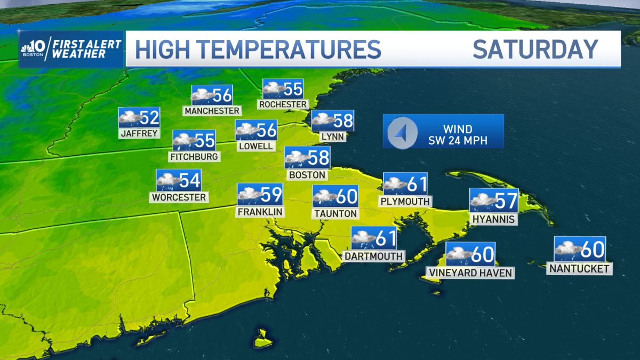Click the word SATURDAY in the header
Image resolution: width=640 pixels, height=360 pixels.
point(535,50)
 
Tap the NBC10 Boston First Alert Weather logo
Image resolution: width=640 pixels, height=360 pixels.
point(71,50)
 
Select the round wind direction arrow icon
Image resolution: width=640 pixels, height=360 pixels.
point(402,131)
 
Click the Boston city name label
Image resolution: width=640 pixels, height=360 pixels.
point(307,175)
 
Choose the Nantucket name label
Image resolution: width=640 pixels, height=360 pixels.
point(580,269)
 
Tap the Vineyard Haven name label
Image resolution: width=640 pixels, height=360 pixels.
point(470,273)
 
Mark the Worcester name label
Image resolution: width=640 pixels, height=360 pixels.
point(179,197)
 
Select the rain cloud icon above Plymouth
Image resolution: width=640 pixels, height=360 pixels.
point(395,185)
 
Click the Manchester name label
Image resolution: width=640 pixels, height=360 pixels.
point(212,111)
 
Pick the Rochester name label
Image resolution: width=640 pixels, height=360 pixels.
point(283,105)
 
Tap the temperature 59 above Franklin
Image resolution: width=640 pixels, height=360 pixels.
point(271,195)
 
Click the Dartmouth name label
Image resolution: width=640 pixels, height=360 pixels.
point(373,256)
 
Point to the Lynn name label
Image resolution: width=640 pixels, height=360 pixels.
point(332,137)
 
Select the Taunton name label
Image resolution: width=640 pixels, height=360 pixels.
point(335,213)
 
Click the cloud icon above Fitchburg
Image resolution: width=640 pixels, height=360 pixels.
point(184,141)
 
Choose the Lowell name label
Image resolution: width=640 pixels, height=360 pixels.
point(256,146)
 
